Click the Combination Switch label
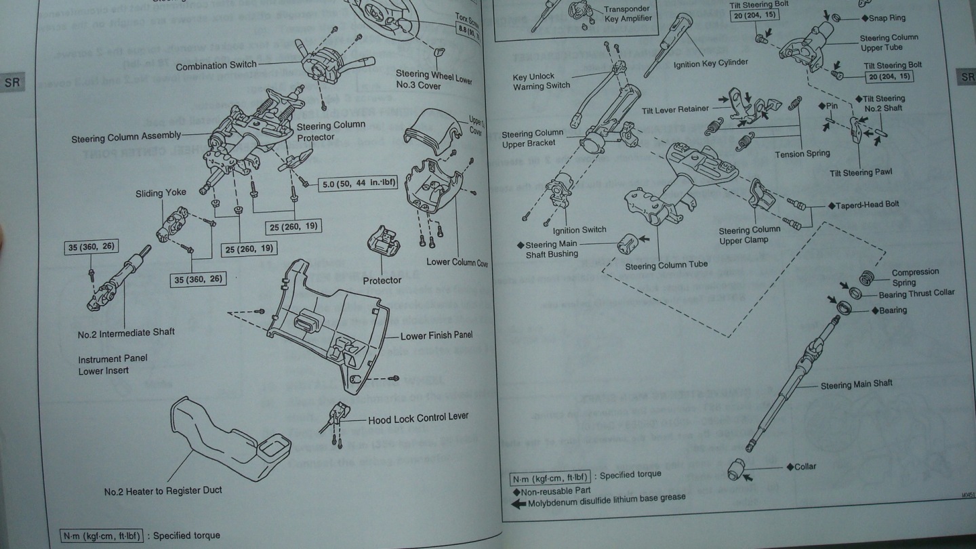[x=216, y=66]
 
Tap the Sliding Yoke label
[x=161, y=193]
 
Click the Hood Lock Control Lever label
[x=418, y=418]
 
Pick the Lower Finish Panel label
[x=436, y=335]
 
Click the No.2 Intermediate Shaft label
[x=126, y=333]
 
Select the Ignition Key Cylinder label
[x=710, y=63]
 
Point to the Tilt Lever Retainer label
[x=675, y=109]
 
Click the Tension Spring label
[x=802, y=155]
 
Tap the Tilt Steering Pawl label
[x=861, y=173]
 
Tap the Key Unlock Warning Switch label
[x=541, y=81]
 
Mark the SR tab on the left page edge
[x=12, y=83]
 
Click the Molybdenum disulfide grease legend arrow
[x=518, y=504]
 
